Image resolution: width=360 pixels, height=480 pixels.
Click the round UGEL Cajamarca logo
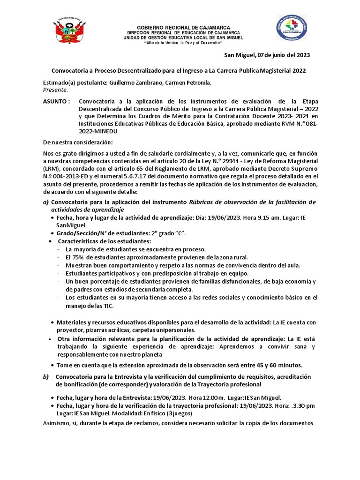292,33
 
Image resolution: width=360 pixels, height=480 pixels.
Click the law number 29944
232,161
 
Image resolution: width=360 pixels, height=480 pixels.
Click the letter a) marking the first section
45,202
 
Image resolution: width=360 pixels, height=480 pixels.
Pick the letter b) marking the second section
45,377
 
